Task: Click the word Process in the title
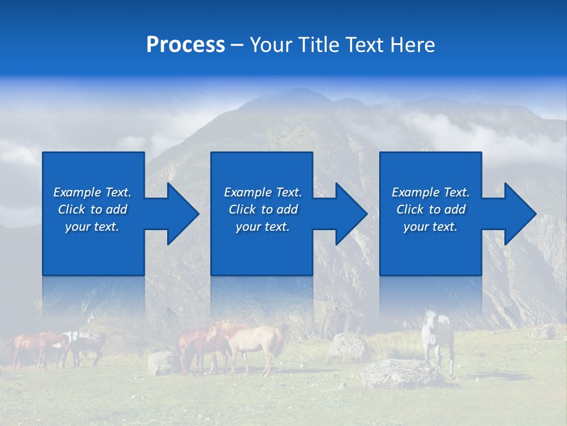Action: pyautogui.click(x=185, y=45)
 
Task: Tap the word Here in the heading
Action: pyautogui.click(x=412, y=45)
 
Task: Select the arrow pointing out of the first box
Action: pyautogui.click(x=172, y=214)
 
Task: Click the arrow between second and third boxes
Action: pyautogui.click(x=341, y=214)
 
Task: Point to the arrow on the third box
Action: pyautogui.click(x=510, y=214)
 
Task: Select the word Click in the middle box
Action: pyautogui.click(x=242, y=209)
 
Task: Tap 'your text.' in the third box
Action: pyautogui.click(x=430, y=227)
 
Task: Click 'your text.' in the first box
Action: pyautogui.click(x=92, y=227)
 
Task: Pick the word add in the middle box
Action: pyautogui.click(x=287, y=209)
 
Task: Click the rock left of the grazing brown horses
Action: pyautogui.click(x=161, y=363)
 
